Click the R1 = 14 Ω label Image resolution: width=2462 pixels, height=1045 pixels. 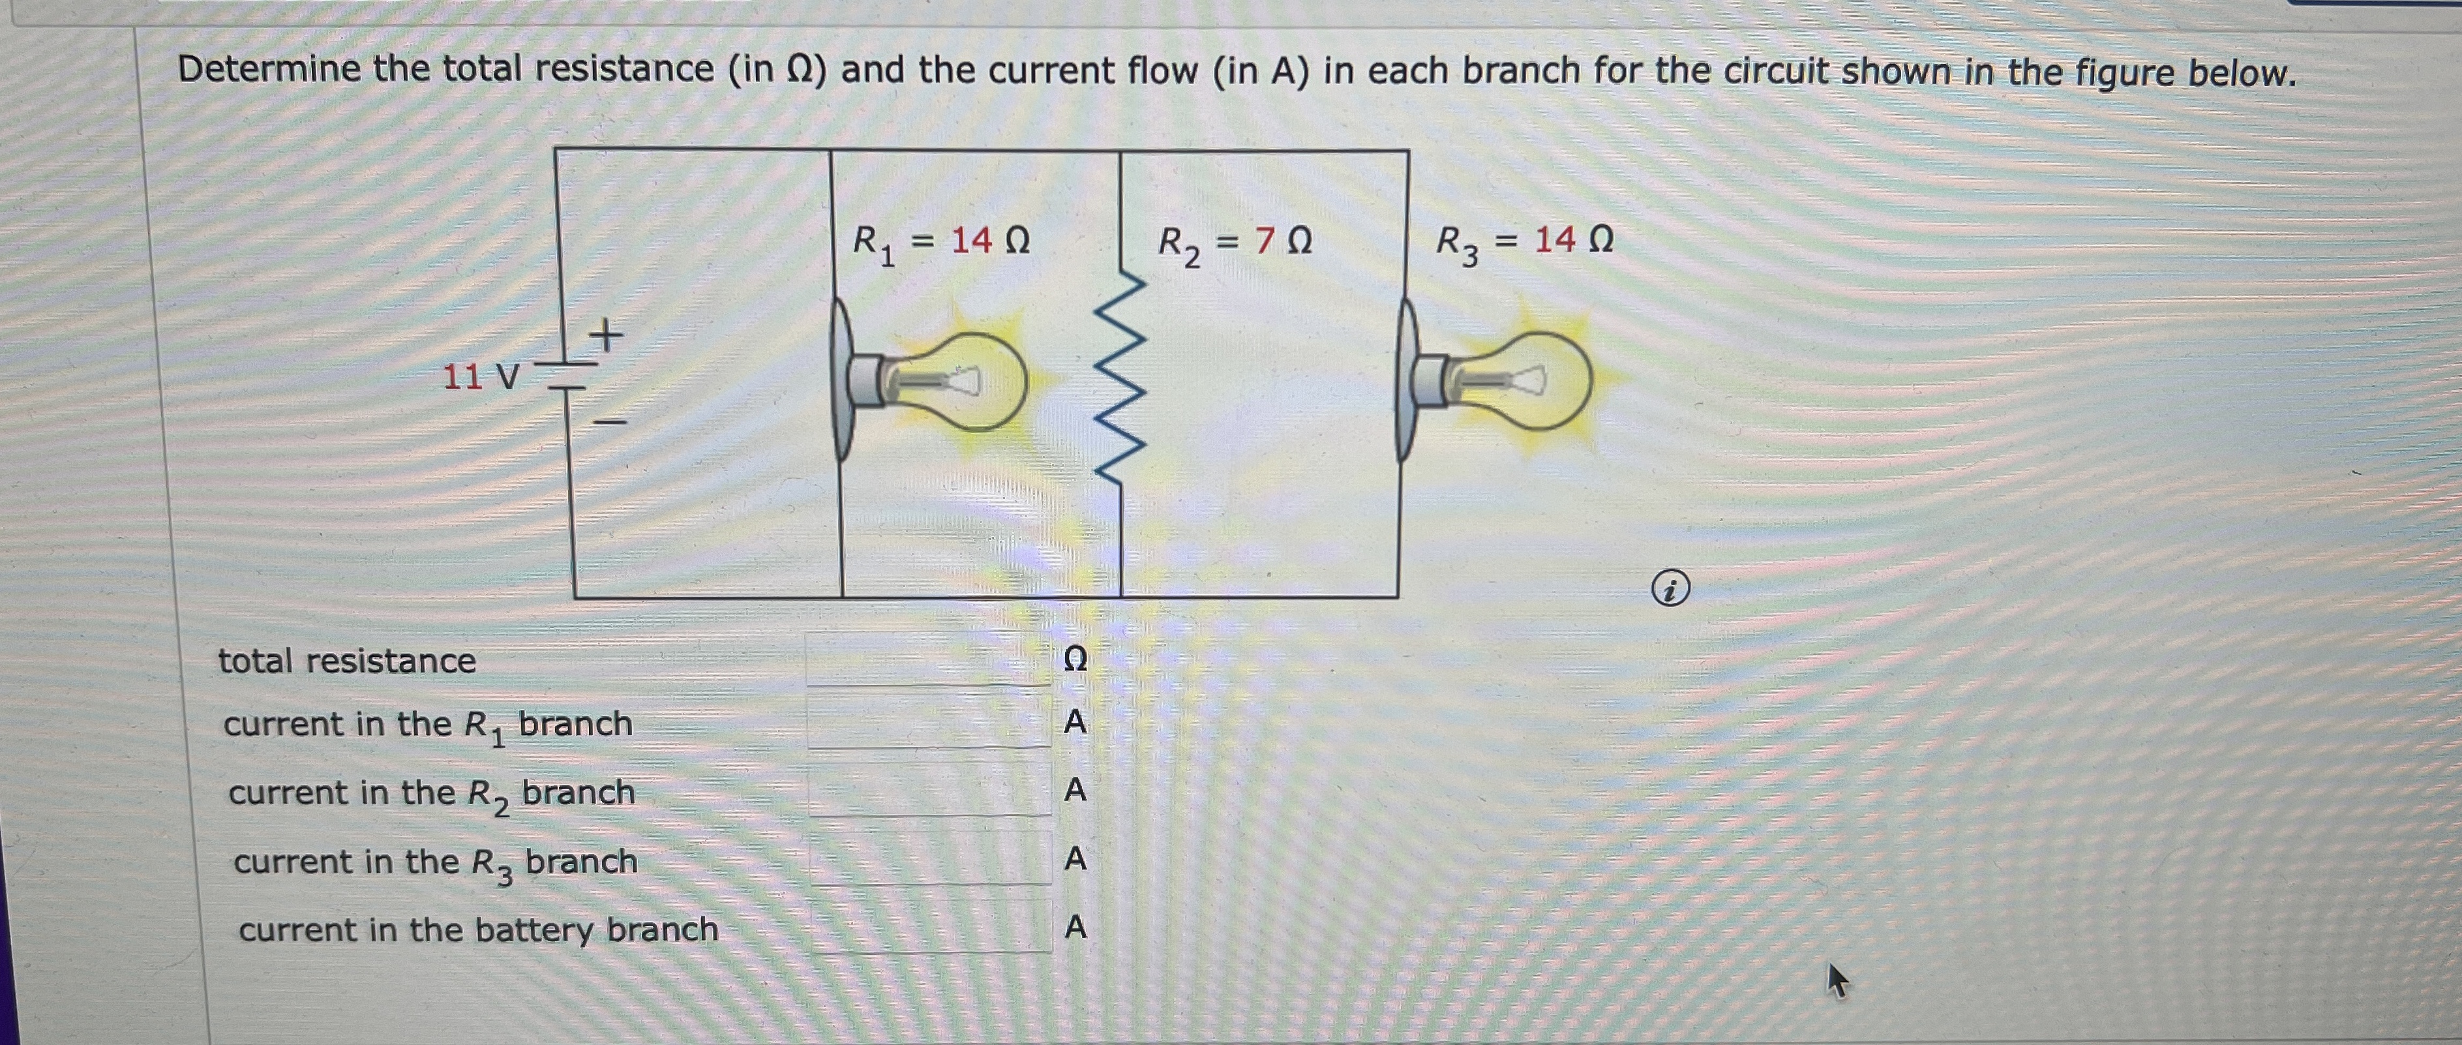point(940,242)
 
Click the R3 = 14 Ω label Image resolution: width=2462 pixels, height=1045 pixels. point(1524,242)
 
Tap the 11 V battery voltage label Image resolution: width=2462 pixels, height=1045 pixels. point(480,378)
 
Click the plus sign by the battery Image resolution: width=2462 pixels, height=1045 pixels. point(605,335)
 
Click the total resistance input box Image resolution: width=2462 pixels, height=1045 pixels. point(928,659)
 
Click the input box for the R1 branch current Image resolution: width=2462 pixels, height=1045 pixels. point(929,722)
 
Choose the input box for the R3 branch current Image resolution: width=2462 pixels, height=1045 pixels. point(931,858)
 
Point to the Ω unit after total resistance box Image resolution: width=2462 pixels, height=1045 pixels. point(1075,659)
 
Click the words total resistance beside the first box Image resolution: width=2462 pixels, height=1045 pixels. point(347,661)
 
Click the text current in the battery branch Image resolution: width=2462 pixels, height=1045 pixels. point(478,930)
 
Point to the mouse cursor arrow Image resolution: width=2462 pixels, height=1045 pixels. point(1836,980)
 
